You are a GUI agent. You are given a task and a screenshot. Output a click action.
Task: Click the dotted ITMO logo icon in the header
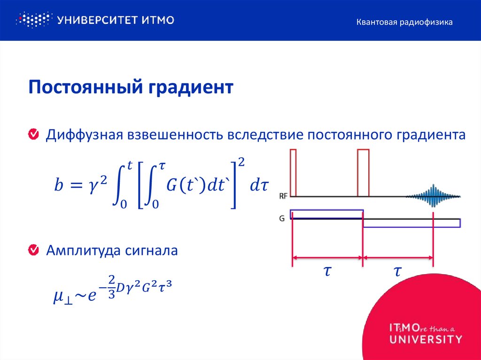(x=33, y=20)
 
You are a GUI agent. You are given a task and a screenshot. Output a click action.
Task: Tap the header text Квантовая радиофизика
(x=404, y=22)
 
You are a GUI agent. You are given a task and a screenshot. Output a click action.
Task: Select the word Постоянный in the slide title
(x=85, y=88)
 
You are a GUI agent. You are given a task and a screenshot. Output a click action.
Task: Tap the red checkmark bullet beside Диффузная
(x=34, y=135)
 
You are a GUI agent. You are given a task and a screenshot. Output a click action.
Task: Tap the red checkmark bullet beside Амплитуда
(x=34, y=250)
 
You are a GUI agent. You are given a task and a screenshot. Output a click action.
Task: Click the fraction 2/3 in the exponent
(x=111, y=287)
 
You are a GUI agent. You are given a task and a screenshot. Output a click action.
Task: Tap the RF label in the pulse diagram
(x=284, y=196)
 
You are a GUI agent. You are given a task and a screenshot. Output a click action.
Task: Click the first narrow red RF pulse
(x=293, y=172)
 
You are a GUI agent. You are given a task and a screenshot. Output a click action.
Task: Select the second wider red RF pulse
(x=363, y=172)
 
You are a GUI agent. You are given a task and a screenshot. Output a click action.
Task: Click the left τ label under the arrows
(x=328, y=271)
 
